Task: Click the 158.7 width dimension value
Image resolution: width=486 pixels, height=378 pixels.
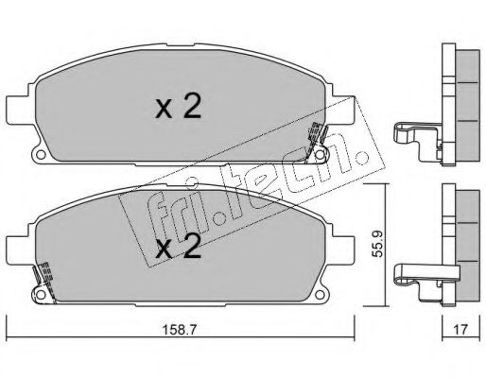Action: pos(179,330)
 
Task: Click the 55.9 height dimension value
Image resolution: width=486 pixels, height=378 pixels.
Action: pos(376,244)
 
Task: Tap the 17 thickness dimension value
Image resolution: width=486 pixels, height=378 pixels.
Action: pos(460,330)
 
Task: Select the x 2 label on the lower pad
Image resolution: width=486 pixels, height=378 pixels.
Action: pos(179,246)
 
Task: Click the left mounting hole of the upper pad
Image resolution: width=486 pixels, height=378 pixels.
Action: pos(40,155)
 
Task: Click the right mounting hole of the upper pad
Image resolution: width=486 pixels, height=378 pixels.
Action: pos(320,155)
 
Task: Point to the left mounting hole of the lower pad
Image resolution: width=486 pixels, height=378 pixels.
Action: pos(40,295)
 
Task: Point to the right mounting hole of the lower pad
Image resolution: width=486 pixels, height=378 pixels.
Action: pos(320,295)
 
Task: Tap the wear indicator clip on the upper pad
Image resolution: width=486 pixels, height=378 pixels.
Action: pos(316,142)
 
